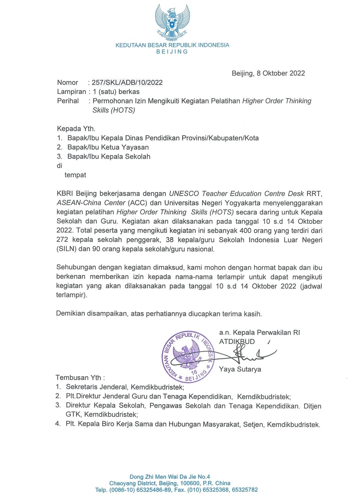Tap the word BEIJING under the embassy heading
[172, 52]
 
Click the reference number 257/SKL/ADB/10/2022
[127, 82]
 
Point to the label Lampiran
[71, 92]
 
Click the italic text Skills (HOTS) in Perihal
[114, 110]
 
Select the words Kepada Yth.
[76, 129]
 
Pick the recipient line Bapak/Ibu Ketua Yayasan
[108, 147]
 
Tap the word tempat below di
[75, 175]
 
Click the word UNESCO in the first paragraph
[184, 194]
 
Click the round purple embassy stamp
[188, 357]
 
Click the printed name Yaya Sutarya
[240, 369]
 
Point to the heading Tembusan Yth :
[80, 378]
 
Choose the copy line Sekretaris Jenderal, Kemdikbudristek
[125, 387]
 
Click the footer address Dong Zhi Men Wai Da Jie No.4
[170, 477]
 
